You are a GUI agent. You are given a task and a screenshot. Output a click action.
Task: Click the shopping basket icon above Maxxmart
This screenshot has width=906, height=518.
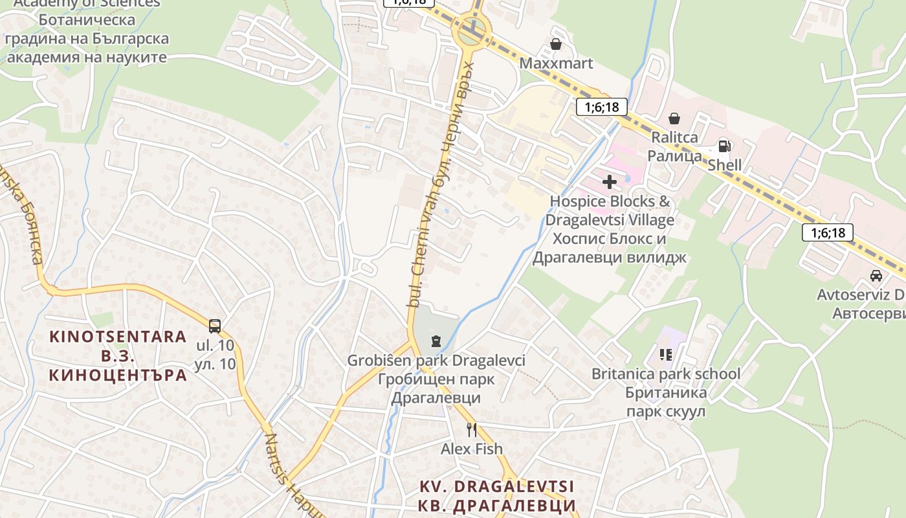click(x=555, y=44)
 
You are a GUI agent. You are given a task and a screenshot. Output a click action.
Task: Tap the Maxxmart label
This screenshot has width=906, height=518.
click(x=556, y=63)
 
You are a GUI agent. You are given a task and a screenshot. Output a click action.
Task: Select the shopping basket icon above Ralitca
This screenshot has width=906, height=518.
click(x=674, y=118)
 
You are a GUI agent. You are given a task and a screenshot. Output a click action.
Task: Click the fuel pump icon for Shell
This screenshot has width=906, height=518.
click(x=724, y=146)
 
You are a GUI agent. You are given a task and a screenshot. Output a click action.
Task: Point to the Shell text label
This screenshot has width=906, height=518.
click(x=724, y=165)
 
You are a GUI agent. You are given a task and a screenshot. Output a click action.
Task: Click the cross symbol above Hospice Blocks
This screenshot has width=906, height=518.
click(x=609, y=182)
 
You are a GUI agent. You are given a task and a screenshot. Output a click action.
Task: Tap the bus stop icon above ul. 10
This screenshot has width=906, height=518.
click(x=215, y=326)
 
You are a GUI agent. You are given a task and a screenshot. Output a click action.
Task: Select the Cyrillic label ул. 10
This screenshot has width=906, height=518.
click(x=215, y=364)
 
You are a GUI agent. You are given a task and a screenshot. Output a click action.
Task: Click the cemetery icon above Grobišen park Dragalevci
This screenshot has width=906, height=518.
click(x=436, y=341)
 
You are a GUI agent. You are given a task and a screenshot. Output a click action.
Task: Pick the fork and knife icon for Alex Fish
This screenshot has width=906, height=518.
click(x=472, y=429)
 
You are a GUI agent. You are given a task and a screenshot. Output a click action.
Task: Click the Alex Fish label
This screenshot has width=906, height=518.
click(x=472, y=449)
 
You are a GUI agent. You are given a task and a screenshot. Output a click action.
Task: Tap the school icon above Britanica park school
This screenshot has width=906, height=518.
click(x=666, y=354)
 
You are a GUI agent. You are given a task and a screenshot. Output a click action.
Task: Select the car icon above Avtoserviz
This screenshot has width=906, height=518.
click(x=876, y=276)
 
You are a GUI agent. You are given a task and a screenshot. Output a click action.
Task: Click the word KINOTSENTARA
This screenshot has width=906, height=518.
click(x=118, y=337)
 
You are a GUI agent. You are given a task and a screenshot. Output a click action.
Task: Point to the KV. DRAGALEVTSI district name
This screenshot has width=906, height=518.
click(x=497, y=486)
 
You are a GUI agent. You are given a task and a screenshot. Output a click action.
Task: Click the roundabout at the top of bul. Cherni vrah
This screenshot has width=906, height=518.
click(x=472, y=30)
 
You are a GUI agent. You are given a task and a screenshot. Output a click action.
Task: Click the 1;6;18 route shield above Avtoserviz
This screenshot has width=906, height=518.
click(x=827, y=232)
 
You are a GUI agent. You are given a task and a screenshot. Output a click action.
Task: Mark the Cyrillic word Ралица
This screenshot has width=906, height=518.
click(x=674, y=156)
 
